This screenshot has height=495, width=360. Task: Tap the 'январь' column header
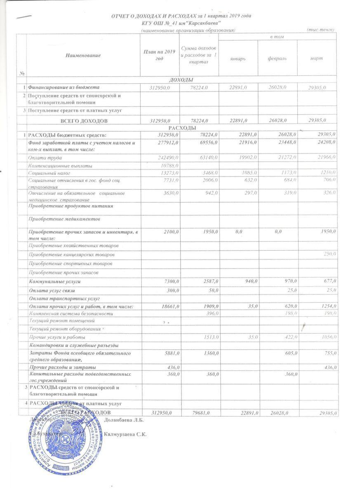tap(238, 58)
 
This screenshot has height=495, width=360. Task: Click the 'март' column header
tap(316, 58)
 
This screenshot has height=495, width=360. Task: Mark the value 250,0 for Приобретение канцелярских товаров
tap(329, 253)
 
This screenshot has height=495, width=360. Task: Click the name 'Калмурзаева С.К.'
tap(126, 434)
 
